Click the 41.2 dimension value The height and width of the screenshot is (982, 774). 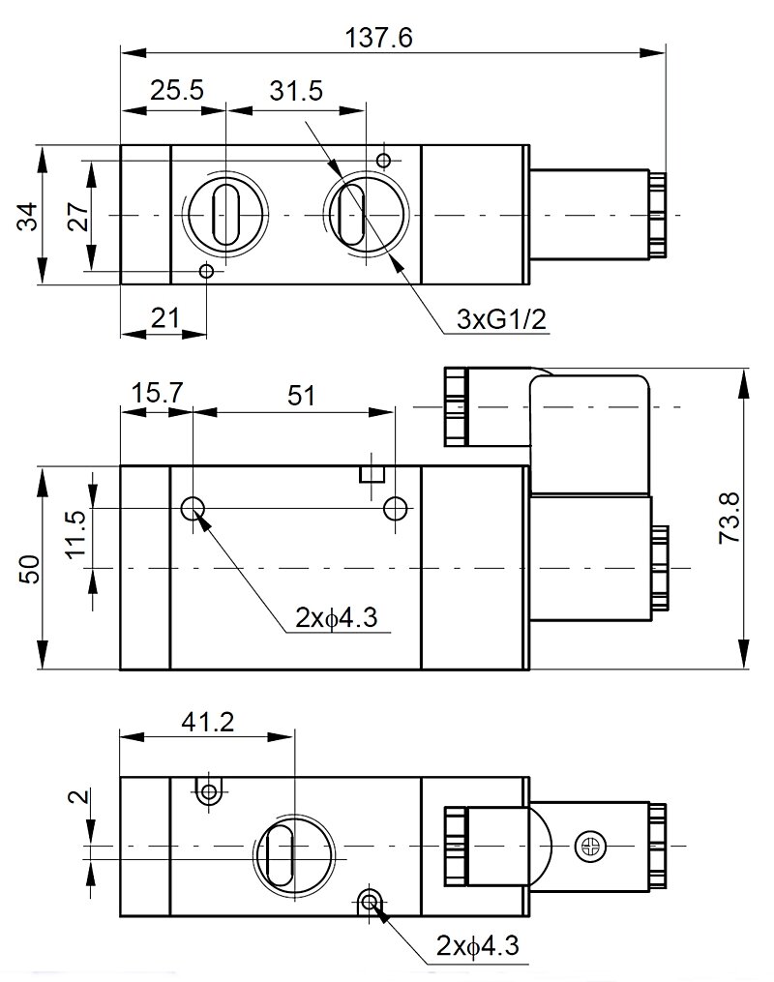[x=207, y=721]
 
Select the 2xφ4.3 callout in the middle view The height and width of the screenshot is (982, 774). [x=339, y=616]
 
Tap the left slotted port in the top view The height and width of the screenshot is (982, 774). [x=224, y=214]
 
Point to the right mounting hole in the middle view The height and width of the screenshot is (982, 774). [x=395, y=508]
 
